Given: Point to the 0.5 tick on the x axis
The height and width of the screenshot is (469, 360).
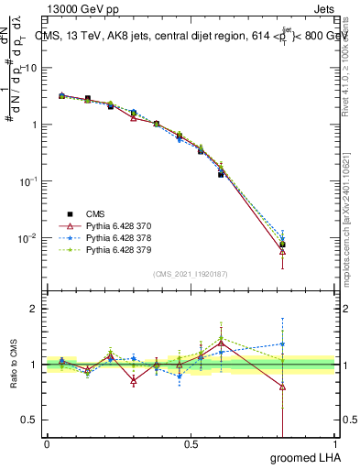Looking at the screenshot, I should (191, 444).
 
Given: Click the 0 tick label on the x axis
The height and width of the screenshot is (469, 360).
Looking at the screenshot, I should (47, 444).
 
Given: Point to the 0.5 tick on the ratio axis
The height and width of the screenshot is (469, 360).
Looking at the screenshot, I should (30, 420).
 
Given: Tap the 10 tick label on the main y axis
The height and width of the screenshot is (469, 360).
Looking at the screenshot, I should (31, 68).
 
